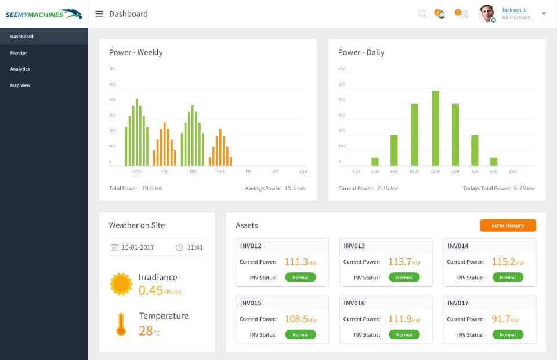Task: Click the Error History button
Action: [508, 225]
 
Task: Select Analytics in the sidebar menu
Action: [20, 69]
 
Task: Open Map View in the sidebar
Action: [20, 85]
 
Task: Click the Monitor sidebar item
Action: [19, 53]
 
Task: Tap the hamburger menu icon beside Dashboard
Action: [99, 14]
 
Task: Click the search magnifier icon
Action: [422, 14]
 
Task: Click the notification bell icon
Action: [440, 14]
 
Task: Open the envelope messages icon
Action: [462, 14]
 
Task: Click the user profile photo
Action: [487, 14]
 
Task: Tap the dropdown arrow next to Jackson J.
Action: [544, 13]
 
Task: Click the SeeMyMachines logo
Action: [44, 14]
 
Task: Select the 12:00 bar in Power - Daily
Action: [436, 128]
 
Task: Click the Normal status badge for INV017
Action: [508, 334]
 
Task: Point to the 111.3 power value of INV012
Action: [296, 262]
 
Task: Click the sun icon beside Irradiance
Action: [121, 284]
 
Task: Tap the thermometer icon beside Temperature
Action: [121, 324]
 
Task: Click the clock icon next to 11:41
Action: [179, 247]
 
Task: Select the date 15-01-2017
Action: [138, 247]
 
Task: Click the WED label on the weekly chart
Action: [193, 172]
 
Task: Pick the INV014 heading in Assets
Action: [458, 246]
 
